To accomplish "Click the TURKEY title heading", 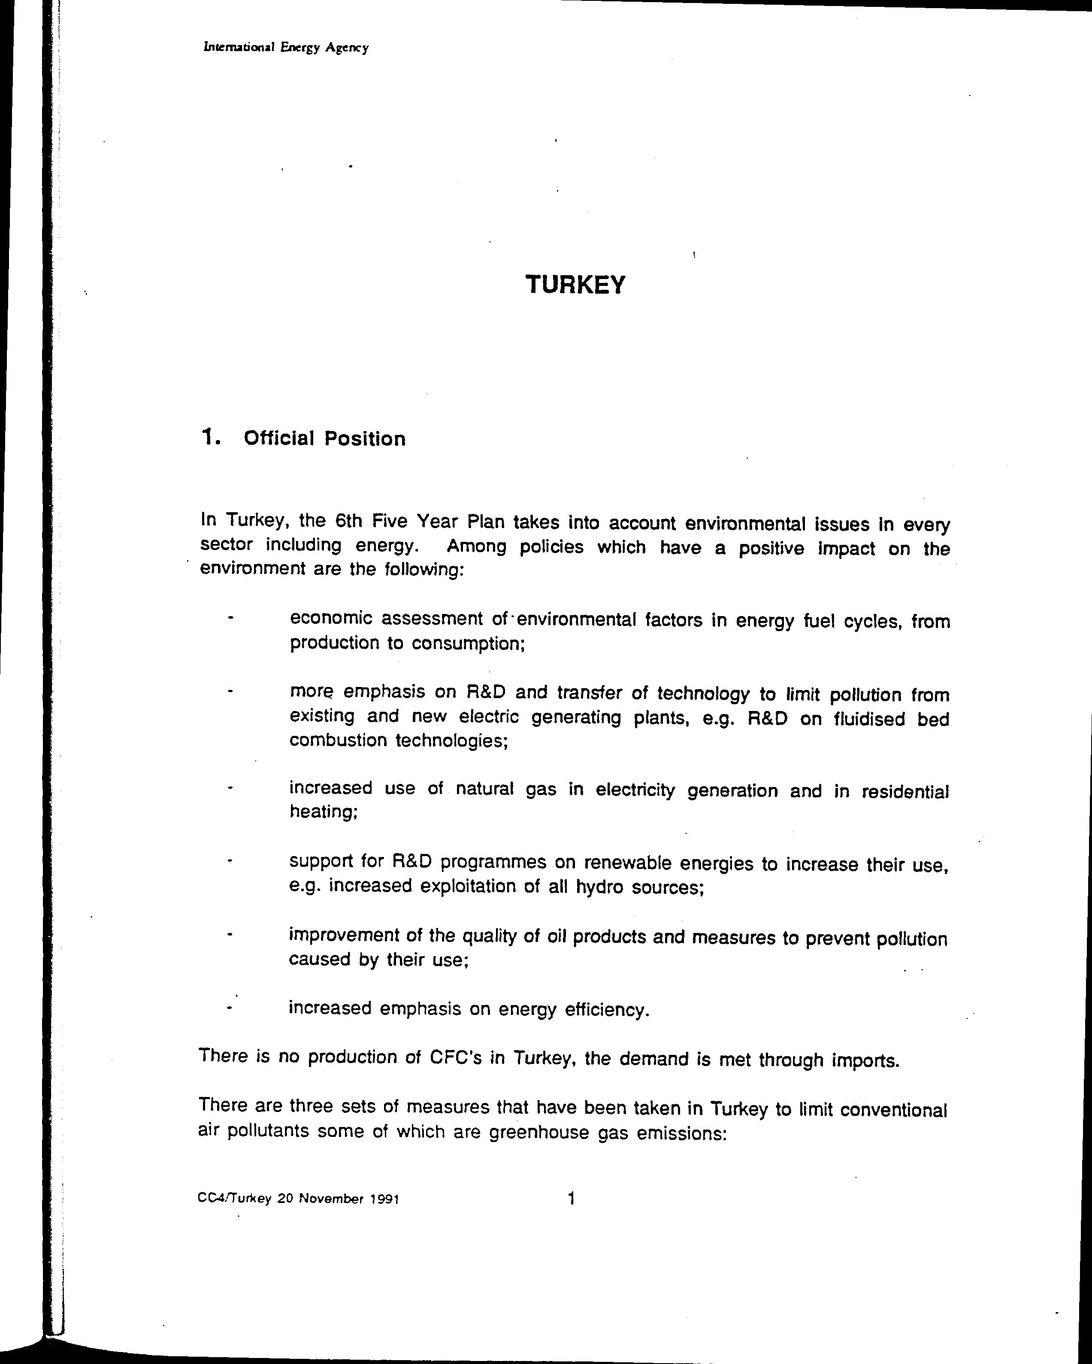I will click(x=575, y=286).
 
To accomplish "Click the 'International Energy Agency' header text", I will click(x=286, y=48).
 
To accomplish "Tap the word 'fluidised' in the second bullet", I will click(x=869, y=719).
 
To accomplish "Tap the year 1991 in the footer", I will click(x=384, y=1199).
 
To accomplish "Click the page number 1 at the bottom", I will click(x=572, y=1197).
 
